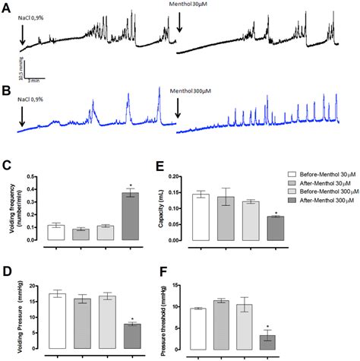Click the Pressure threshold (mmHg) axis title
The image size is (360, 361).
tap(156, 319)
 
